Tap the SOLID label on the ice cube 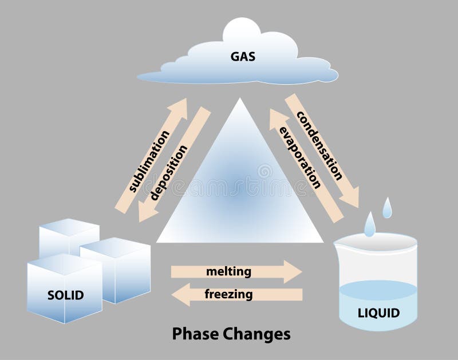(65, 295)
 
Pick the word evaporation (299, 157)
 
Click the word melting (228, 271)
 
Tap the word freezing (228, 295)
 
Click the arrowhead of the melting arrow (294, 271)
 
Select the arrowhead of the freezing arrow (179, 295)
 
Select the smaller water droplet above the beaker (388, 208)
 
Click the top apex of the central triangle (240, 99)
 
